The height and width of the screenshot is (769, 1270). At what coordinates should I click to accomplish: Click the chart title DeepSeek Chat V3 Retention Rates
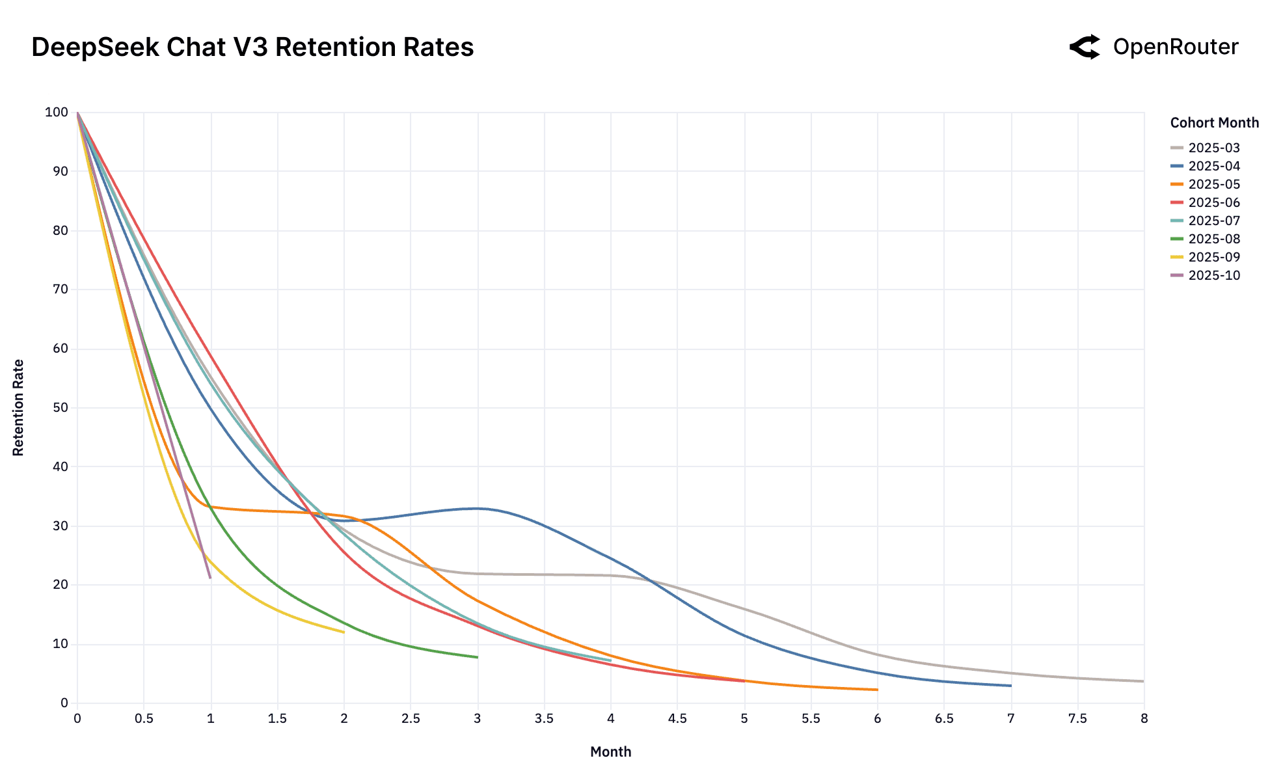[252, 47]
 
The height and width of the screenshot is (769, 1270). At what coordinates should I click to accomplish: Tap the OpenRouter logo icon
[1085, 47]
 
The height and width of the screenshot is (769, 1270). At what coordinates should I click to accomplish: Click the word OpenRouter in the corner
[1175, 47]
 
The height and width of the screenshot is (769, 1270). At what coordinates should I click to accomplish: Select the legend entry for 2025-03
[1213, 148]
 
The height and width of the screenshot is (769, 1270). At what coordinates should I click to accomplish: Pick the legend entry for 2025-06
[1213, 202]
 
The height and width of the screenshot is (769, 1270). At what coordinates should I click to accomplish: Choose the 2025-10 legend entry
[1213, 275]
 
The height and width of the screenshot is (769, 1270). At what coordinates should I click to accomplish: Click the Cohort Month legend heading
[1214, 122]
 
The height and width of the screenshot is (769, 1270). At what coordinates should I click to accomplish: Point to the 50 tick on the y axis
[60, 407]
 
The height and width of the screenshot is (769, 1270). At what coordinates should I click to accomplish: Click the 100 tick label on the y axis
[57, 112]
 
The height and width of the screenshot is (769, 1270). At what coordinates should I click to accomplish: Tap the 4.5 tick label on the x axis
[677, 718]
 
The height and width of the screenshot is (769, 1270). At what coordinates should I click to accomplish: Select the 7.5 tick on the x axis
[1077, 718]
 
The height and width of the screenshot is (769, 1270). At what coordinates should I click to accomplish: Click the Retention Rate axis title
[18, 407]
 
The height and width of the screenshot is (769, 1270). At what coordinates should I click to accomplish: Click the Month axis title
[610, 751]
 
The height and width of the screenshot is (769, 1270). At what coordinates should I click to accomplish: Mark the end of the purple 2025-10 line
[210, 578]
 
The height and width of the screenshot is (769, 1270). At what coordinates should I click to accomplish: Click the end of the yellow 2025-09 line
[344, 632]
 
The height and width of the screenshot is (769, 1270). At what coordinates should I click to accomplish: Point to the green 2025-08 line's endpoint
[477, 657]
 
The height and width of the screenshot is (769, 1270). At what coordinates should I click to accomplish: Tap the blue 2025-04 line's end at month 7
[1010, 685]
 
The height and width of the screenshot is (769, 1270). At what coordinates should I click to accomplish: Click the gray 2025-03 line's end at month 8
[1143, 681]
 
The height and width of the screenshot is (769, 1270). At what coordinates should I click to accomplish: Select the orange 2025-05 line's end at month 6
[877, 690]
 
